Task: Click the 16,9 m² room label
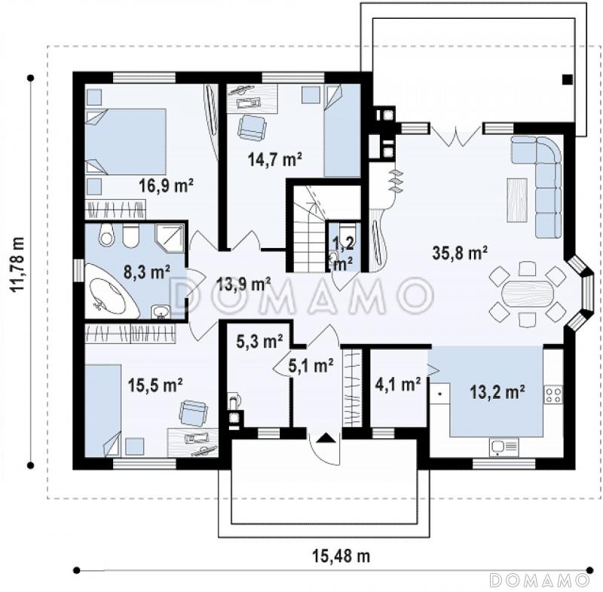point(166,186)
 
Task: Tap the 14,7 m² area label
point(274,159)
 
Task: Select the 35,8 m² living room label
point(460,253)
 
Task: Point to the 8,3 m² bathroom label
point(146,272)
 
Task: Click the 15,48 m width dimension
point(341,556)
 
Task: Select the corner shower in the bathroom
point(170,238)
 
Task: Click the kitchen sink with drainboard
point(504,447)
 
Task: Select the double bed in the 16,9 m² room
point(125,141)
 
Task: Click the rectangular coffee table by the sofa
point(517,200)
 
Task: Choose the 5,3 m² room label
point(259,341)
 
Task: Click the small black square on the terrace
point(568,80)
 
